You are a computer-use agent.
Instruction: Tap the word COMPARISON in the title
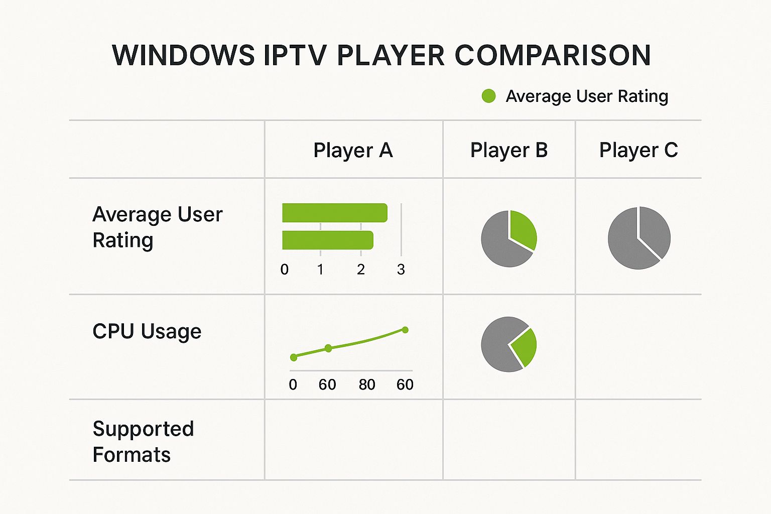[553, 55]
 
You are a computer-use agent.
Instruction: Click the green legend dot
[488, 96]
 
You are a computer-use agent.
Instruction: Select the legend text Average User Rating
[587, 96]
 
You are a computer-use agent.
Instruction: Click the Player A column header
[353, 150]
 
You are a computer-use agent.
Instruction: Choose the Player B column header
[508, 150]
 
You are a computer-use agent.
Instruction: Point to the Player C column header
[638, 150]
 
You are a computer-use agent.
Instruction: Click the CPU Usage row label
[147, 331]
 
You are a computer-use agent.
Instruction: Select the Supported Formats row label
[143, 442]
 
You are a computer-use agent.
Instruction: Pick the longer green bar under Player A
[335, 213]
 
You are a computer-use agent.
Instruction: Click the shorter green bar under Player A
[328, 240]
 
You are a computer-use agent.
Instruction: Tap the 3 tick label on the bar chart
[401, 270]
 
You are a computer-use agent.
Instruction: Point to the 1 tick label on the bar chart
[320, 270]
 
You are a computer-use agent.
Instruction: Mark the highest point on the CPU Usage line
[406, 330]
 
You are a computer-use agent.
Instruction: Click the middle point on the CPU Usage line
[328, 348]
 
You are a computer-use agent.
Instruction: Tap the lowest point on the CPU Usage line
[294, 357]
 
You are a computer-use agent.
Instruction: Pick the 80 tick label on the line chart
[367, 385]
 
